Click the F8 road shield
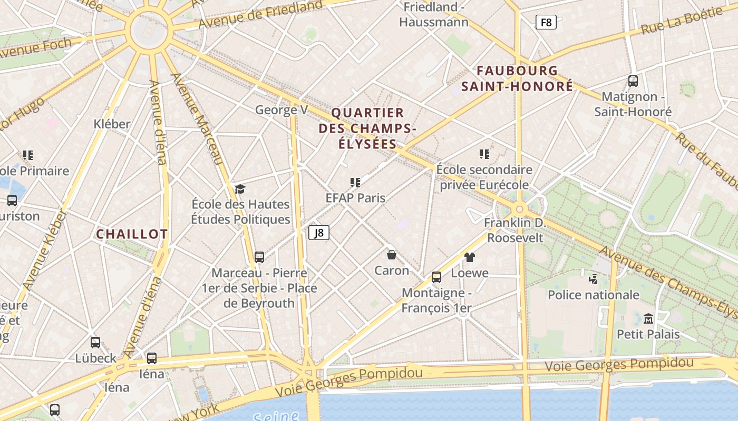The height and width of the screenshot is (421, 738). point(546,22)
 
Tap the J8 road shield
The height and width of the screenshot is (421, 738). point(319,233)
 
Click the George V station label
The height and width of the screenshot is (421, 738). point(281,110)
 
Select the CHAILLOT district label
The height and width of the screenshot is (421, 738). point(132,234)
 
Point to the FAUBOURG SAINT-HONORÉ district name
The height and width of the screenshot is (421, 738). point(517,78)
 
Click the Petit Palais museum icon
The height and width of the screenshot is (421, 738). point(648,318)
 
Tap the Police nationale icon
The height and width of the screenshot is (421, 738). point(594,278)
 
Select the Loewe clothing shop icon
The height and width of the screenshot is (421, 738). point(470,257)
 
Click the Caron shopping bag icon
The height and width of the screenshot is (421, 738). point(392,255)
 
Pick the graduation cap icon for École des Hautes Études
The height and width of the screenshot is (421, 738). point(240,189)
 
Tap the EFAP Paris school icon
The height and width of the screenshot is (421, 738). point(355,182)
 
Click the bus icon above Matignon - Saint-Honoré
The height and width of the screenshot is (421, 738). point(633,81)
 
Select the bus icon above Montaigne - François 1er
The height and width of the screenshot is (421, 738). point(436,277)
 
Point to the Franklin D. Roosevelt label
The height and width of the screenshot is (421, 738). point(515,230)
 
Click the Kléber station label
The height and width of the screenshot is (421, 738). point(112,124)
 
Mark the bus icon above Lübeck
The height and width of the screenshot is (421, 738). point(95,342)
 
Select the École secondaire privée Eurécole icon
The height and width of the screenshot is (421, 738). point(484,154)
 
